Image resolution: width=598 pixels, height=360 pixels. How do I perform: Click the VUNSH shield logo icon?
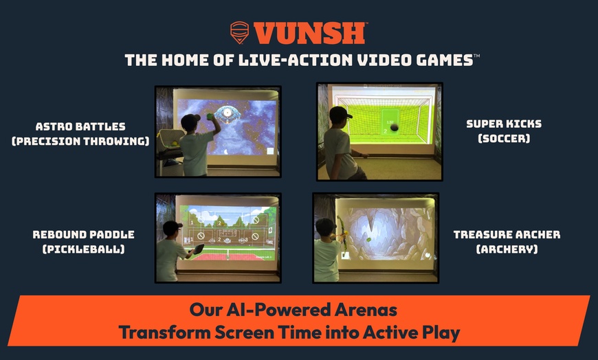click(x=240, y=32)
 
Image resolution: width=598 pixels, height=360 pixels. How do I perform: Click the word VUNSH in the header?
click(x=310, y=33)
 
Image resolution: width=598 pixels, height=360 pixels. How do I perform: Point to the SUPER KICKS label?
click(x=503, y=124)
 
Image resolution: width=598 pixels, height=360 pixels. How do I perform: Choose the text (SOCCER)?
click(x=504, y=139)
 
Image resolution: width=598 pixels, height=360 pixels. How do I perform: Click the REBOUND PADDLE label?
click(x=84, y=234)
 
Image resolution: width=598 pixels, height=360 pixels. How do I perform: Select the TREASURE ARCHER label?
click(x=507, y=234)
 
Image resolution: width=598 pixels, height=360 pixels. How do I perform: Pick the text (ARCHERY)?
click(x=507, y=249)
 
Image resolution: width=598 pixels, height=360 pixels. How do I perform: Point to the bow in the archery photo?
click(x=339, y=234)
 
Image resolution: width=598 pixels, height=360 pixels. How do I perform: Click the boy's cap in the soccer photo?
click(x=341, y=113)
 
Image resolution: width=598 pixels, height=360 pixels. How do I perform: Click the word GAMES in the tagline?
click(x=440, y=60)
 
